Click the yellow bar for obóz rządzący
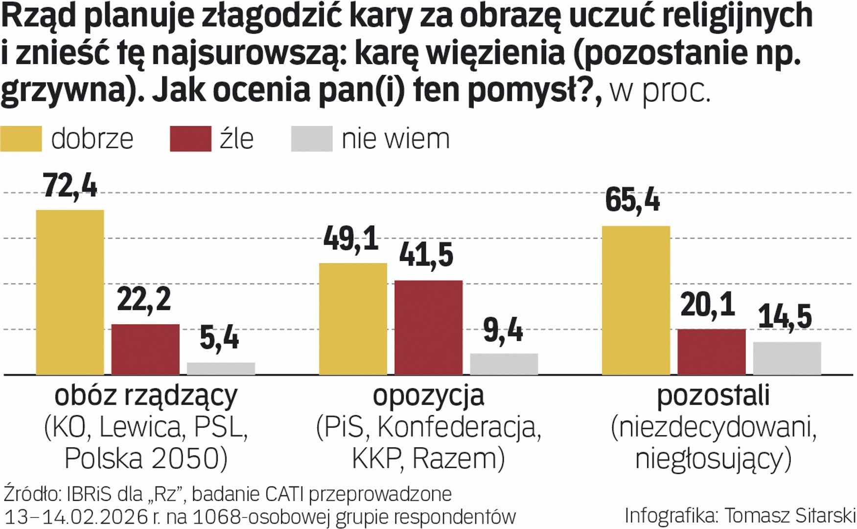point(70,292)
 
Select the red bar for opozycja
point(428,327)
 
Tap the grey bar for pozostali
point(787,358)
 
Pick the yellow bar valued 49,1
point(353,318)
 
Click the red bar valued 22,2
point(145,349)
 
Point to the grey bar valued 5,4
point(221,368)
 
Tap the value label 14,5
point(785,317)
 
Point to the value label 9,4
point(503,331)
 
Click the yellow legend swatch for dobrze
point(21,139)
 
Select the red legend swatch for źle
point(190,139)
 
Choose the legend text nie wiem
point(395,139)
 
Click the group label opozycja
point(428,396)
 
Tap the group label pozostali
point(713,396)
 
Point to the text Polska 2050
point(145,458)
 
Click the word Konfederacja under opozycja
point(459,427)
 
